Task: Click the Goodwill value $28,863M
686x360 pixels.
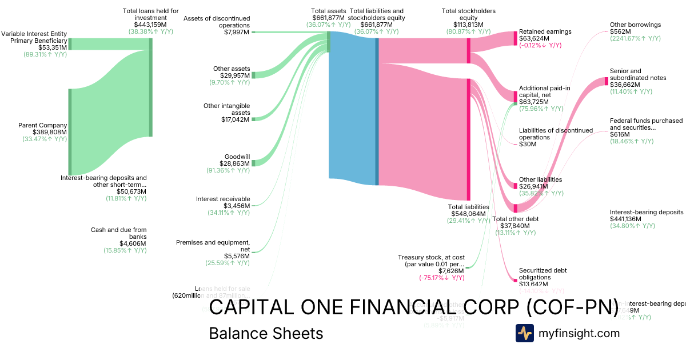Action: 235,163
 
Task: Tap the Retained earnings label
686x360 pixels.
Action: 545,31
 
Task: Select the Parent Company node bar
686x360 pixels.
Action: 70,131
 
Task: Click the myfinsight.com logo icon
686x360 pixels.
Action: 524,333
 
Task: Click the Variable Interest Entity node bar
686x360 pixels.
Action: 70,44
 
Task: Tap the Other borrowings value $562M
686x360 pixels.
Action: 620,31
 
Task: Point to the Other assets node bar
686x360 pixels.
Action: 253,75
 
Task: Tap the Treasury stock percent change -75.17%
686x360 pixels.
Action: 441,278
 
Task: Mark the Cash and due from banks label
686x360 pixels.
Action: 119,233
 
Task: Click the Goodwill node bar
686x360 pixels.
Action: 253,163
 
